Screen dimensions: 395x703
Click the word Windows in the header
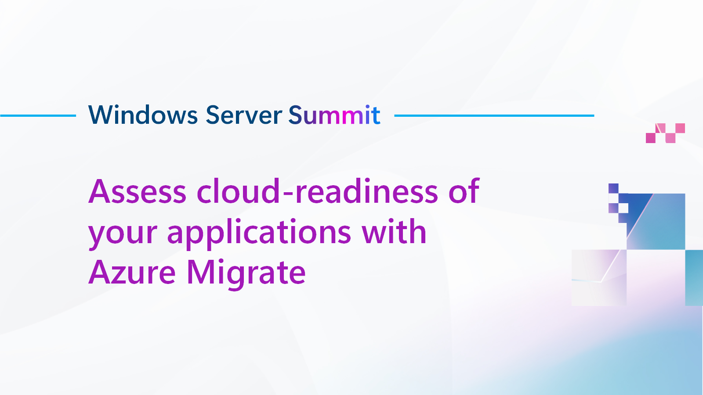pyautogui.click(x=143, y=115)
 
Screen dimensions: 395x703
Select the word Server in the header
pyautogui.click(x=243, y=115)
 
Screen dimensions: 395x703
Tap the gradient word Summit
pyautogui.click(x=334, y=115)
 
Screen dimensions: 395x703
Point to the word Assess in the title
pyautogui.click(x=138, y=192)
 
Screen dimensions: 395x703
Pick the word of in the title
pyautogui.click(x=464, y=192)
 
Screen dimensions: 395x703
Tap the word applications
pyautogui.click(x=259, y=233)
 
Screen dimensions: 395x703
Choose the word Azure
pyautogui.click(x=132, y=273)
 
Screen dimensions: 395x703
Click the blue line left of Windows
pyautogui.click(x=38, y=116)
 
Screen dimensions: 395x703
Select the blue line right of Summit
pyautogui.click(x=494, y=116)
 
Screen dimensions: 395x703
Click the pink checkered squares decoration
pyautogui.click(x=665, y=133)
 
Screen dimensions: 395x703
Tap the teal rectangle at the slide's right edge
pyautogui.click(x=694, y=277)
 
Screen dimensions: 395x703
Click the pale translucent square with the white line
pyautogui.click(x=598, y=277)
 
